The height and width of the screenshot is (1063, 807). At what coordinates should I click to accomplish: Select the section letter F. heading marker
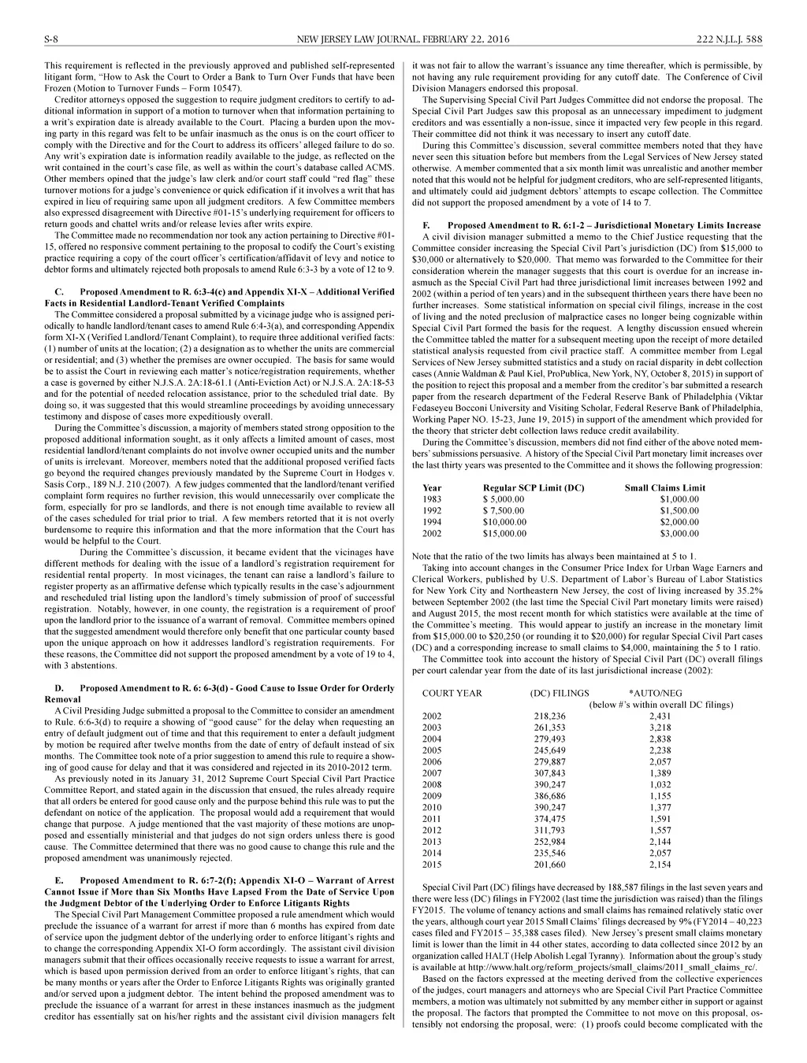pos(426,225)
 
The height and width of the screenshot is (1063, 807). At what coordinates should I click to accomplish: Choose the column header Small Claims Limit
pos(664,487)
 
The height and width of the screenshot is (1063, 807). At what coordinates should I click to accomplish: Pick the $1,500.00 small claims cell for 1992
pos(679,510)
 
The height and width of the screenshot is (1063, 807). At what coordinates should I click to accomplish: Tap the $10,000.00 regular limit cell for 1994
pos(504,522)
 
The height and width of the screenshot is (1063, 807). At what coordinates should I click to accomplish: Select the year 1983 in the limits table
pos(432,499)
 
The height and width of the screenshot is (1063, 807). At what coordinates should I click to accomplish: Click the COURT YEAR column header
pos(452,693)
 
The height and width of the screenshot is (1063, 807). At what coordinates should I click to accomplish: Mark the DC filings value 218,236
pos(549,716)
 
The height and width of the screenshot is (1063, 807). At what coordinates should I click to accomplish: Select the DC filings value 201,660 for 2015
pos(549,865)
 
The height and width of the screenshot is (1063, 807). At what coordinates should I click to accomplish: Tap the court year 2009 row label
pos(432,796)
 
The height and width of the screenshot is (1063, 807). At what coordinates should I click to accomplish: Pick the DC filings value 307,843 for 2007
pos(549,773)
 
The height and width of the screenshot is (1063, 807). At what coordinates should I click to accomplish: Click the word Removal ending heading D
pos(62,699)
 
